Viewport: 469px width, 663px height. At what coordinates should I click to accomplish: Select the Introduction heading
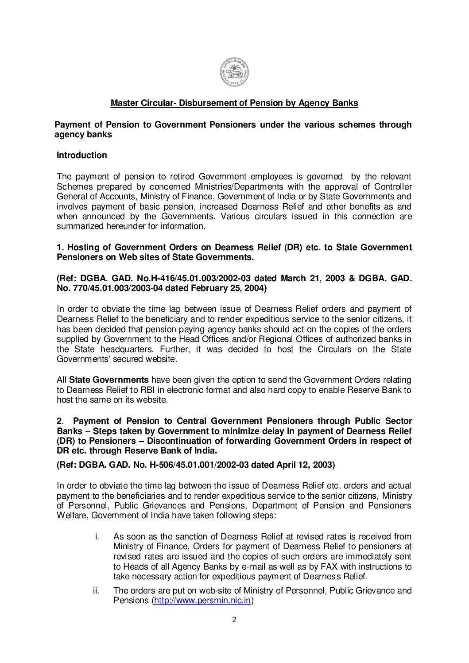82,155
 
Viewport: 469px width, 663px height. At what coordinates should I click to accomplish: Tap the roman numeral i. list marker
97,537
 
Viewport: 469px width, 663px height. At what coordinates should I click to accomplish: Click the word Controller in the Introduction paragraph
394,186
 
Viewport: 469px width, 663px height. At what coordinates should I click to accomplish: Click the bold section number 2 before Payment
59,421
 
